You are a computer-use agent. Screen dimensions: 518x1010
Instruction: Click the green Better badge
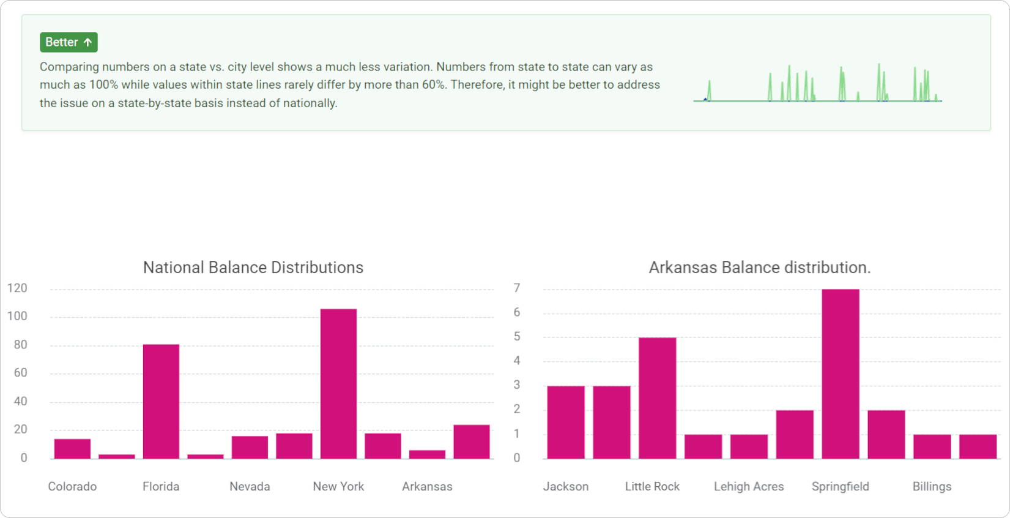[69, 42]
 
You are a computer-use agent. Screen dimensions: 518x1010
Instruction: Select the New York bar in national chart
[338, 384]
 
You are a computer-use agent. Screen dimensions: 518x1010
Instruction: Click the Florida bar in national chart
[161, 401]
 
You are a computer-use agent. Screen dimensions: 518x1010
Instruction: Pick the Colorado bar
[72, 449]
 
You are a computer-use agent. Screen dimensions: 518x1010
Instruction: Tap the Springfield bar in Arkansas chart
[840, 373]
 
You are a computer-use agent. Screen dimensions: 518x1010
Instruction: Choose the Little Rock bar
[657, 398]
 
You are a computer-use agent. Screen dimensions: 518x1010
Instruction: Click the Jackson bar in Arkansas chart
[566, 422]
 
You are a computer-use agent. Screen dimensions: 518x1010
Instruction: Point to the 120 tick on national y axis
[17, 288]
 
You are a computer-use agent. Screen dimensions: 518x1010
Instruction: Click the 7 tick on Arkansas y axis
[517, 288]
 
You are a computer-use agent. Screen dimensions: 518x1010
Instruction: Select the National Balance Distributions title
[253, 268]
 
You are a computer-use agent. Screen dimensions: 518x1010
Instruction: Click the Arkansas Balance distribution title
[759, 268]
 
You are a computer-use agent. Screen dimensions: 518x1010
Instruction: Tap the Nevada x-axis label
[250, 487]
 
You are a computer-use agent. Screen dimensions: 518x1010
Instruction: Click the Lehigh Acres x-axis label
[748, 487]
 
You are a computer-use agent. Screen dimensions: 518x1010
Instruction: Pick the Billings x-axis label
[932, 487]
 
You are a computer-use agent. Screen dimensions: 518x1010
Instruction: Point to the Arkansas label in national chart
[427, 487]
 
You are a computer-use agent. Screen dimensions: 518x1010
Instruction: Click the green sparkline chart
[817, 84]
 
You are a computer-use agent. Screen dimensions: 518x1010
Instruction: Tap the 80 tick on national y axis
[20, 345]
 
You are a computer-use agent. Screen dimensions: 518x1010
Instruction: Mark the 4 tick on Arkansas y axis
[517, 361]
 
